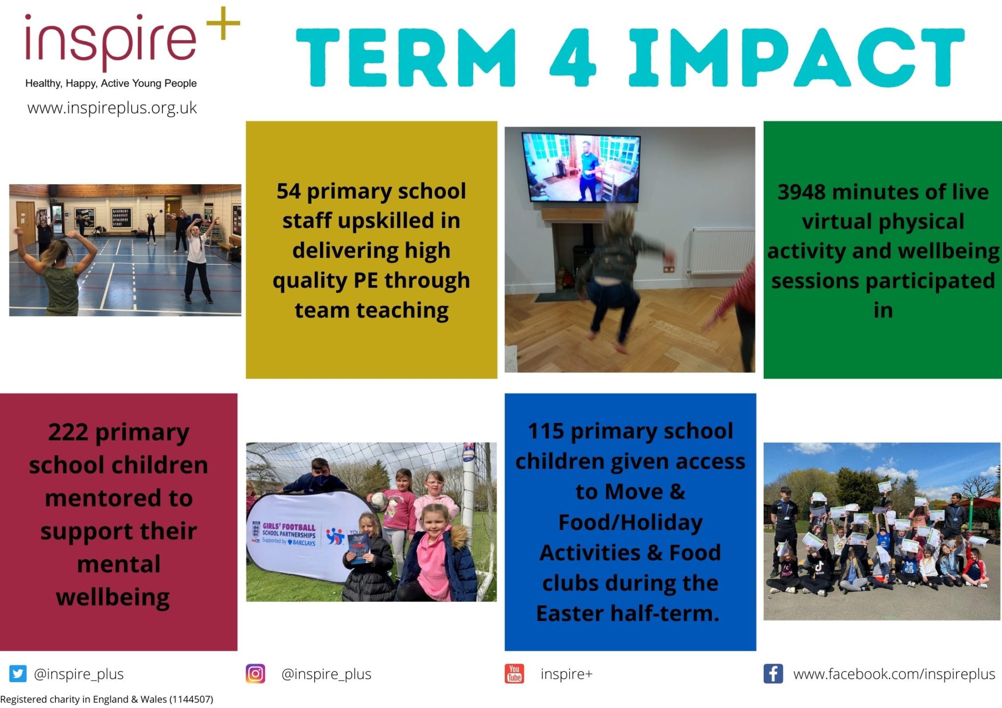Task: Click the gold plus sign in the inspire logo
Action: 223,23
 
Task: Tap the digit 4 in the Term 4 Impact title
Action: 573,58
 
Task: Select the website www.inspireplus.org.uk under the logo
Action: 112,108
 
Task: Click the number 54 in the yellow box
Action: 289,191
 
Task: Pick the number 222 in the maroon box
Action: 68,432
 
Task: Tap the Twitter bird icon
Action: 18,674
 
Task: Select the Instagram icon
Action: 255,674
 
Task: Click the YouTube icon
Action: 514,674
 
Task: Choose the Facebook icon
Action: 773,674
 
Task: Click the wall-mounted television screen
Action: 581,167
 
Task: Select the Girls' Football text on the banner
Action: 289,527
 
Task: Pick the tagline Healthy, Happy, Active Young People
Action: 111,84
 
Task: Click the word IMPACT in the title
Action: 797,58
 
